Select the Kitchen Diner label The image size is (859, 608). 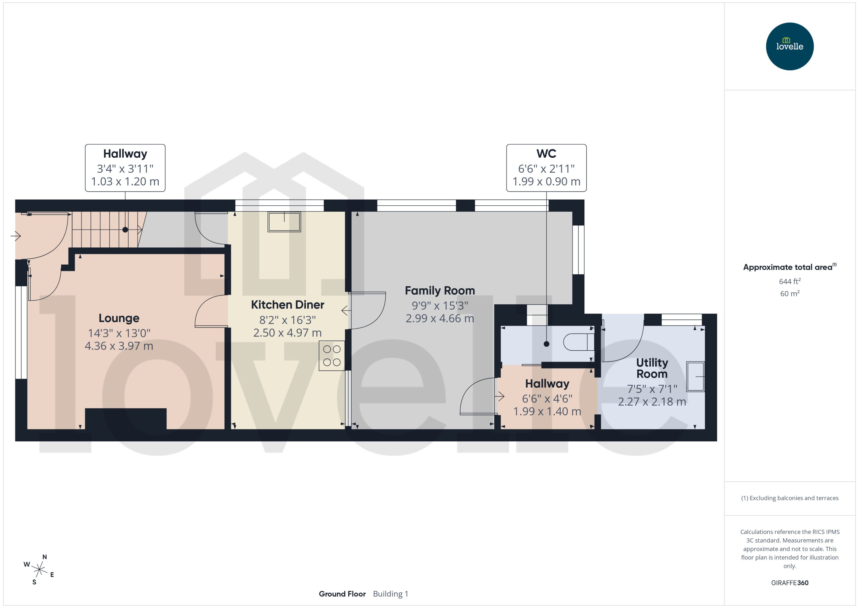(287, 305)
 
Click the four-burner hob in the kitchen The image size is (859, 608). (331, 356)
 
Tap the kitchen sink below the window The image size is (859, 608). (284, 222)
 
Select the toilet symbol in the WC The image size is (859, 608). (578, 342)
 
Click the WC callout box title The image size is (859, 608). (546, 153)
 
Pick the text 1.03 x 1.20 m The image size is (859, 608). (125, 182)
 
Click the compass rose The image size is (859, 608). (39, 570)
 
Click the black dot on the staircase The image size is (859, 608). (125, 230)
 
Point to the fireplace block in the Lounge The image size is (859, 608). (125, 418)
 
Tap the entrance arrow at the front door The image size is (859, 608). (16, 236)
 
